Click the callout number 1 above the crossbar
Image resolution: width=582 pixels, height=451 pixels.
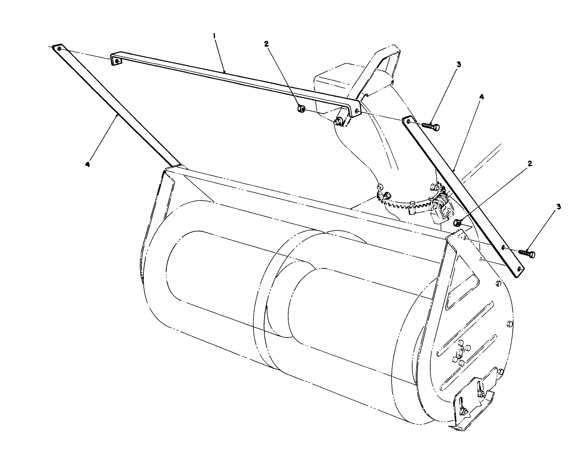click(214, 39)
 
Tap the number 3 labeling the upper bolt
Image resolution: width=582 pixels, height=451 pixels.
click(459, 64)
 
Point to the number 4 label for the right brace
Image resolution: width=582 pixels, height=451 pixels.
click(481, 97)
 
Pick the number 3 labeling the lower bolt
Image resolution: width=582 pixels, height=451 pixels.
click(559, 207)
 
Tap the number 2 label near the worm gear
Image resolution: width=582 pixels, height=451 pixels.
click(530, 163)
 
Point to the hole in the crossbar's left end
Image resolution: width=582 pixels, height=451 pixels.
click(116, 61)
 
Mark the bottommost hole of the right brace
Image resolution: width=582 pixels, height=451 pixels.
click(519, 268)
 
